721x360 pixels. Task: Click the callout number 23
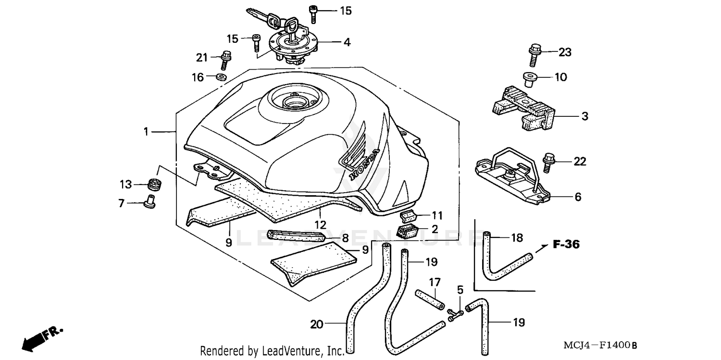tap(565, 52)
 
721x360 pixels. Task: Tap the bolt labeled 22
tap(547, 162)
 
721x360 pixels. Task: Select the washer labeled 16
tap(222, 77)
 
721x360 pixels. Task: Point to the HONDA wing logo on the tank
tap(358, 154)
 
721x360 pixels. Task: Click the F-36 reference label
tap(566, 245)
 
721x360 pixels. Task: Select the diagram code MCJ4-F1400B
tap(601, 346)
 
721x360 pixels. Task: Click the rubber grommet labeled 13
tap(154, 184)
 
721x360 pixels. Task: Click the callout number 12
tap(321, 224)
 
